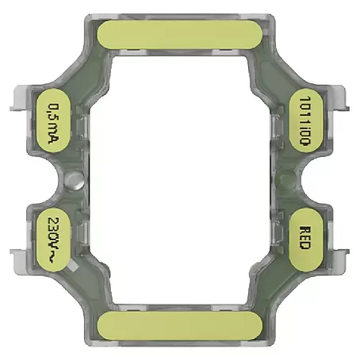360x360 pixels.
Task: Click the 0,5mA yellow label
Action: tap(53, 121)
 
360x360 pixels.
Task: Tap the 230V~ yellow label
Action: tap(53, 239)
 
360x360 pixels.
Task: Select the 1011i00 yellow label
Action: tap(306, 121)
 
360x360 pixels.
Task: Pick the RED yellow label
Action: tap(306, 239)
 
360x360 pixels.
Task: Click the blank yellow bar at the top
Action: tap(180, 34)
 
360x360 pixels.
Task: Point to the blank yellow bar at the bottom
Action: tap(180, 326)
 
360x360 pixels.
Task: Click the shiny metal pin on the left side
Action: tap(75, 180)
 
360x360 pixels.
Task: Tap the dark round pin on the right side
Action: tap(287, 180)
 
